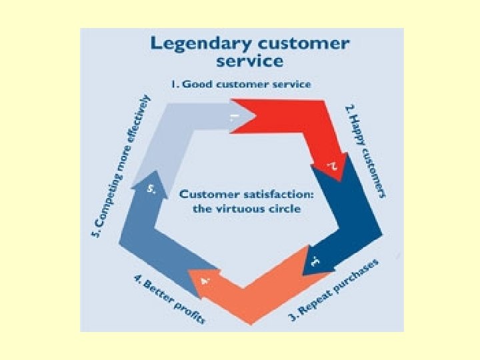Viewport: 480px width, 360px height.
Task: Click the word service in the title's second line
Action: pyautogui.click(x=250, y=61)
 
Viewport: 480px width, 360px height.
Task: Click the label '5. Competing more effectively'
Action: pyautogui.click(x=120, y=167)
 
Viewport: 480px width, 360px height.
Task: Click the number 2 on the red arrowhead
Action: pyautogui.click(x=331, y=165)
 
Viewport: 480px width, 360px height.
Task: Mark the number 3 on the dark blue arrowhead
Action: pyautogui.click(x=315, y=261)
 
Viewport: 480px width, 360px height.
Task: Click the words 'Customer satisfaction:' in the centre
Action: pyautogui.click(x=247, y=195)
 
